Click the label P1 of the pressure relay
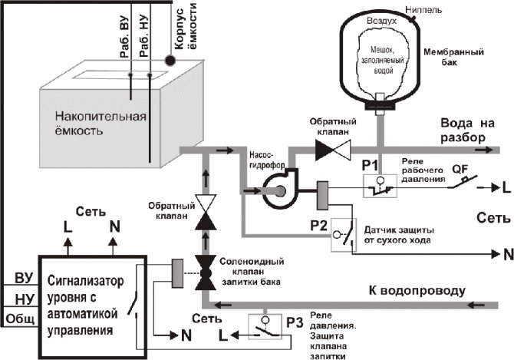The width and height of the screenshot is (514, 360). click(x=370, y=164)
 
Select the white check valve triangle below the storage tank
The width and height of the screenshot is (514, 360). click(x=205, y=203)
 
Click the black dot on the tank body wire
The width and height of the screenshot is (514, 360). click(x=170, y=58)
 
